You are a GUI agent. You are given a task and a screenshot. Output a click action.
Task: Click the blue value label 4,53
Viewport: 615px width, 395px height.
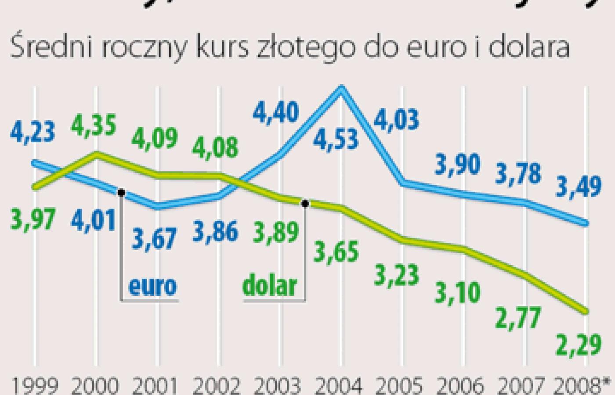tap(336, 140)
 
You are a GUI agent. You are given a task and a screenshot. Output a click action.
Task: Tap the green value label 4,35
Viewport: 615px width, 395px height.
tap(94, 126)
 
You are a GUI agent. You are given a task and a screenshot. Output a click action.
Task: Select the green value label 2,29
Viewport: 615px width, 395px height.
tap(579, 345)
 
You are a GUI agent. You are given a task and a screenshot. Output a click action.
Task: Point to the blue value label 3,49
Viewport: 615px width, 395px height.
tap(579, 187)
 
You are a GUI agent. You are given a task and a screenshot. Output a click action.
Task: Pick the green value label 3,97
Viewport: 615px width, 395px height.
tap(33, 219)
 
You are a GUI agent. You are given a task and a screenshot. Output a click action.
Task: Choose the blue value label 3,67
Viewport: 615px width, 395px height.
tap(154, 239)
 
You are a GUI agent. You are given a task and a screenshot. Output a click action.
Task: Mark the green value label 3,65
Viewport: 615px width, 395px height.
tap(336, 252)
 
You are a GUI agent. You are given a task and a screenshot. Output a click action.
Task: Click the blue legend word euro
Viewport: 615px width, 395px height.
tap(152, 286)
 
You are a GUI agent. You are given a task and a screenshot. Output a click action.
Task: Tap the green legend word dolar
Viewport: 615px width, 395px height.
tap(270, 286)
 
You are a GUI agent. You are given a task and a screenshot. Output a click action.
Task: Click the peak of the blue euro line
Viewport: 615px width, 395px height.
tap(341, 88)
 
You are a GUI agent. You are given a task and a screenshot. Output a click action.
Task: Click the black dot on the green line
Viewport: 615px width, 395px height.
tap(305, 204)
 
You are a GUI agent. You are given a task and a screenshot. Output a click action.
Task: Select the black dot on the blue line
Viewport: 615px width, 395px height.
tap(121, 193)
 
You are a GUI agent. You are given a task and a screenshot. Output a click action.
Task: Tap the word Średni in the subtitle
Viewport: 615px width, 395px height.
tap(51, 47)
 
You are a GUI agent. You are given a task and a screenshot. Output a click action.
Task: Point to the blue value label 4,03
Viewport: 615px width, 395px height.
tap(397, 119)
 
